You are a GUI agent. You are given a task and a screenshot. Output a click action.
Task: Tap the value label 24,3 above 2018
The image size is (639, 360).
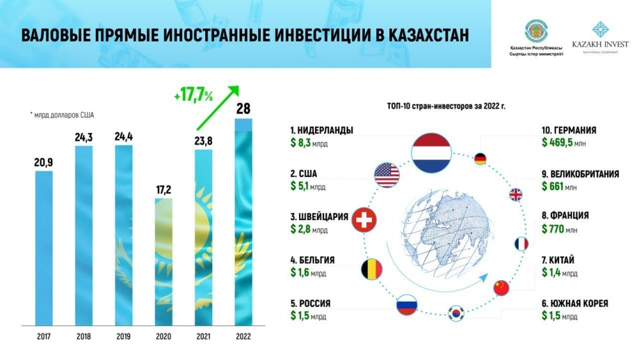pos(84,137)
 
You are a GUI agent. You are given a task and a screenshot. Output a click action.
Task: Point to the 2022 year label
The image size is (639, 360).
pos(243,337)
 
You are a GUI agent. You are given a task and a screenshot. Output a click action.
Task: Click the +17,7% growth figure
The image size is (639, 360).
pos(193,97)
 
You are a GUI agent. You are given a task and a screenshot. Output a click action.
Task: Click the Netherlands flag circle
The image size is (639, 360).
pos(431,153)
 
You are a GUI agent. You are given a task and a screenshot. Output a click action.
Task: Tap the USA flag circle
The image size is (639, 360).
pos(387,175)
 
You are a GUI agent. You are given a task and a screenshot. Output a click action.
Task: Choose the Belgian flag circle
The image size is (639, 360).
pos(371,269)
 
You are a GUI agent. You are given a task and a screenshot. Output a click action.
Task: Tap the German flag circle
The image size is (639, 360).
pos(481,159)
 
